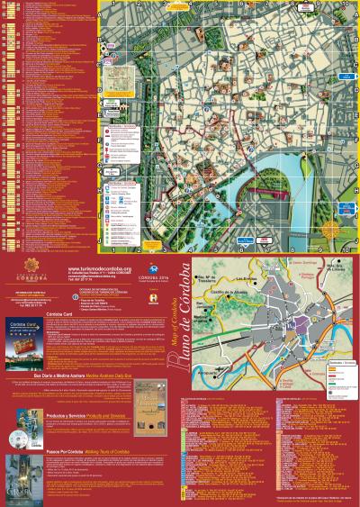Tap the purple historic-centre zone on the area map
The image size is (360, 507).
point(292,321)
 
